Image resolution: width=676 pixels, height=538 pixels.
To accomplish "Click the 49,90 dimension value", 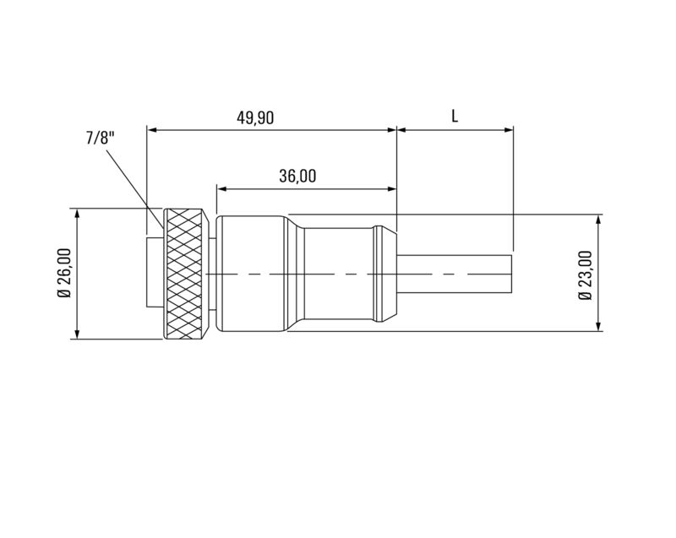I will click(254, 118).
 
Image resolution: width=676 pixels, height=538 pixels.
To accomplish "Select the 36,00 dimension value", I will click(297, 176).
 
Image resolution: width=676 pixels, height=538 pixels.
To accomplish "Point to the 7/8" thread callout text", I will click(99, 138).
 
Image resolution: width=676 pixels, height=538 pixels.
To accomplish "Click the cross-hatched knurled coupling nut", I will click(185, 274).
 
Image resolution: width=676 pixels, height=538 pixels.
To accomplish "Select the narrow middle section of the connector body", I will click(338, 274).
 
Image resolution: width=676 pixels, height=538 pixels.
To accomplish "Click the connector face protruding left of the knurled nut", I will click(154, 274).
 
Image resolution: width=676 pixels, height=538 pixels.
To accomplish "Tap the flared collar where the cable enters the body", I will click(384, 274).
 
